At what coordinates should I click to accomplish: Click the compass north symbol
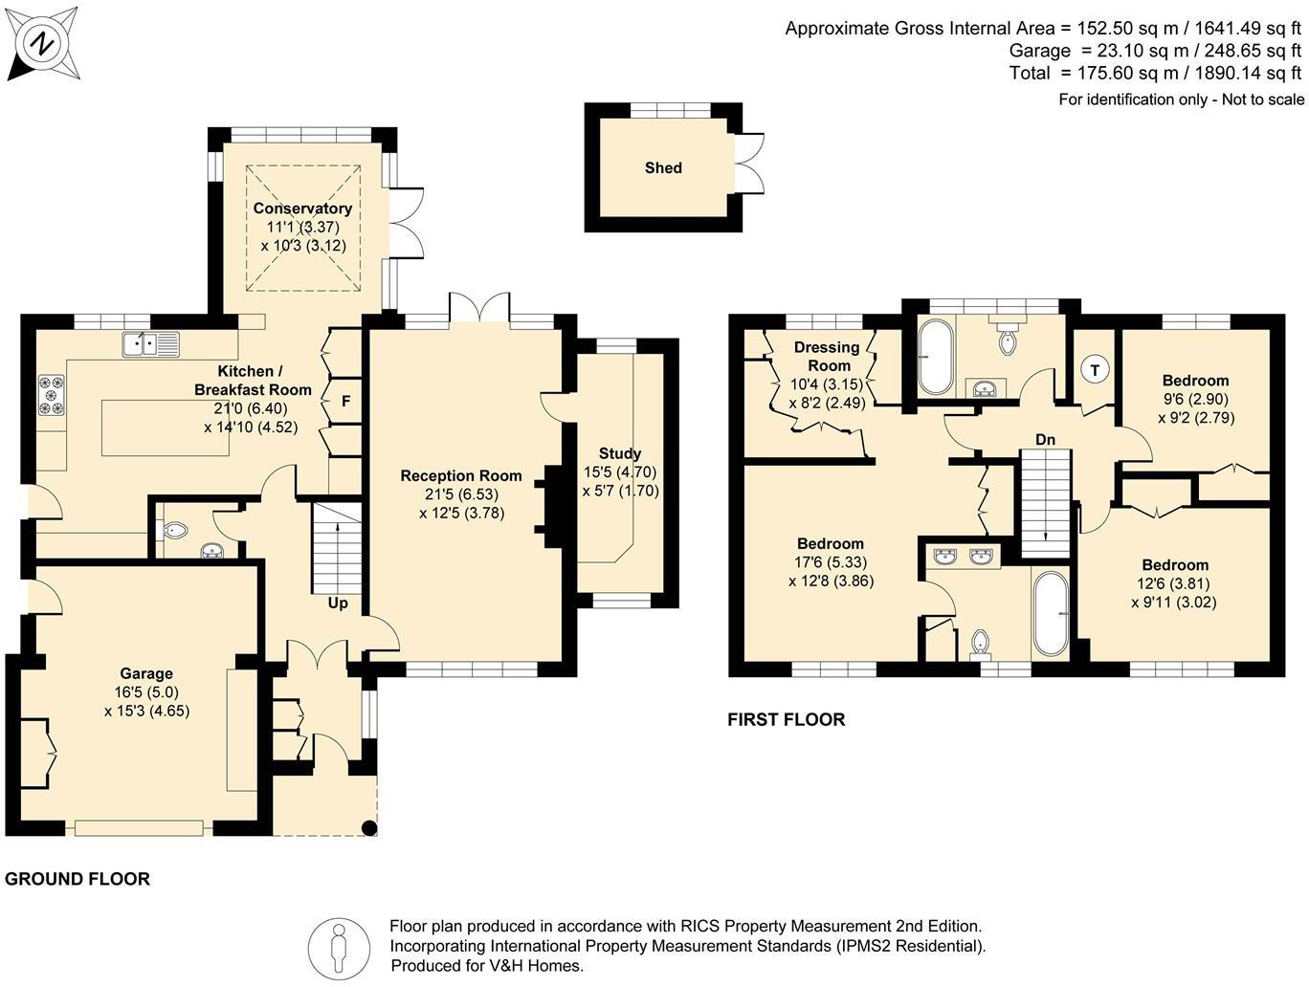tap(42, 43)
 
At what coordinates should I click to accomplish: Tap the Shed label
tap(663, 168)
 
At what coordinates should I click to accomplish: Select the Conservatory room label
tap(302, 208)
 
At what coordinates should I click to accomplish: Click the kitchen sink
tap(151, 344)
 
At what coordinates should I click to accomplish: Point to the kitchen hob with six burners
tap(52, 395)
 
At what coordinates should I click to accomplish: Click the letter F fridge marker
tap(345, 401)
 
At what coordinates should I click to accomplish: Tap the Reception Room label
tap(461, 475)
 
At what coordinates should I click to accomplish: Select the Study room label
tap(620, 453)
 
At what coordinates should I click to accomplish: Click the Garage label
tap(146, 673)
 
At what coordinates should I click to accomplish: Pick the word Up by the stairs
tap(338, 603)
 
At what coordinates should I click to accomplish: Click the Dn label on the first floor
tap(1045, 440)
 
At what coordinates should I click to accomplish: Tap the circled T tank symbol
tap(1095, 370)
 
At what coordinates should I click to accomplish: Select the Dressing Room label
tap(827, 356)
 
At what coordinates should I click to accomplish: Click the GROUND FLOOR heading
tap(78, 879)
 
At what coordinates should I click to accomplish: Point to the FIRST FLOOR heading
tap(786, 719)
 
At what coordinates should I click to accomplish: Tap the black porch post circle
tap(369, 828)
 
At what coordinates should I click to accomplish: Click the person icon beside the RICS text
tap(338, 949)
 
